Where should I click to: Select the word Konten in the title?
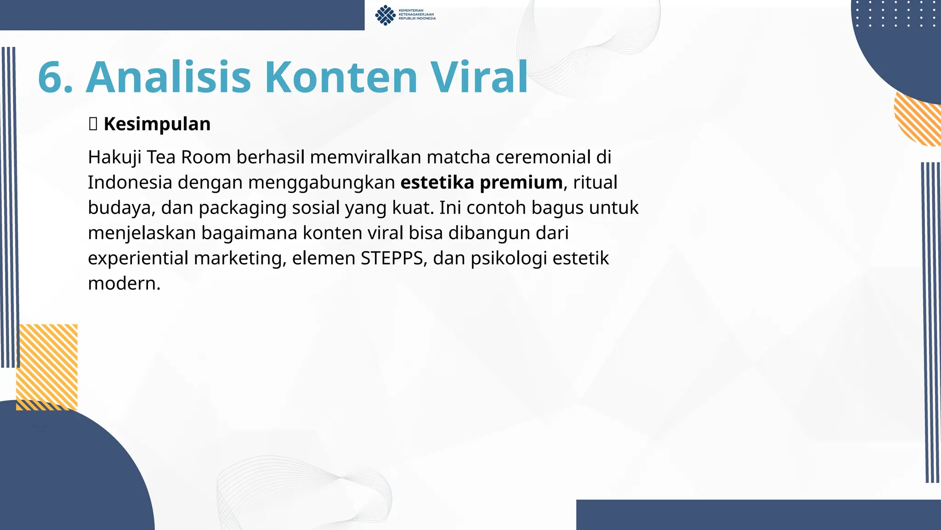pyautogui.click(x=341, y=77)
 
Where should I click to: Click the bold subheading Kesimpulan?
pyautogui.click(x=157, y=124)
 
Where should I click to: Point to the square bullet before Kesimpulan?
pyautogui.click(x=93, y=124)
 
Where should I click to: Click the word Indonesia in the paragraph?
pyautogui.click(x=130, y=183)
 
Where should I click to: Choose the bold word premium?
pyautogui.click(x=521, y=183)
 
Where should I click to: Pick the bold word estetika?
pyautogui.click(x=437, y=183)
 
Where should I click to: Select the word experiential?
pyautogui.click(x=138, y=259)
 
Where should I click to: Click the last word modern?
pyautogui.click(x=124, y=283)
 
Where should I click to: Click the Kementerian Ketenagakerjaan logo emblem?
pyautogui.click(x=385, y=15)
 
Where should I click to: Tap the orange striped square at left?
pyautogui.click(x=47, y=367)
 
